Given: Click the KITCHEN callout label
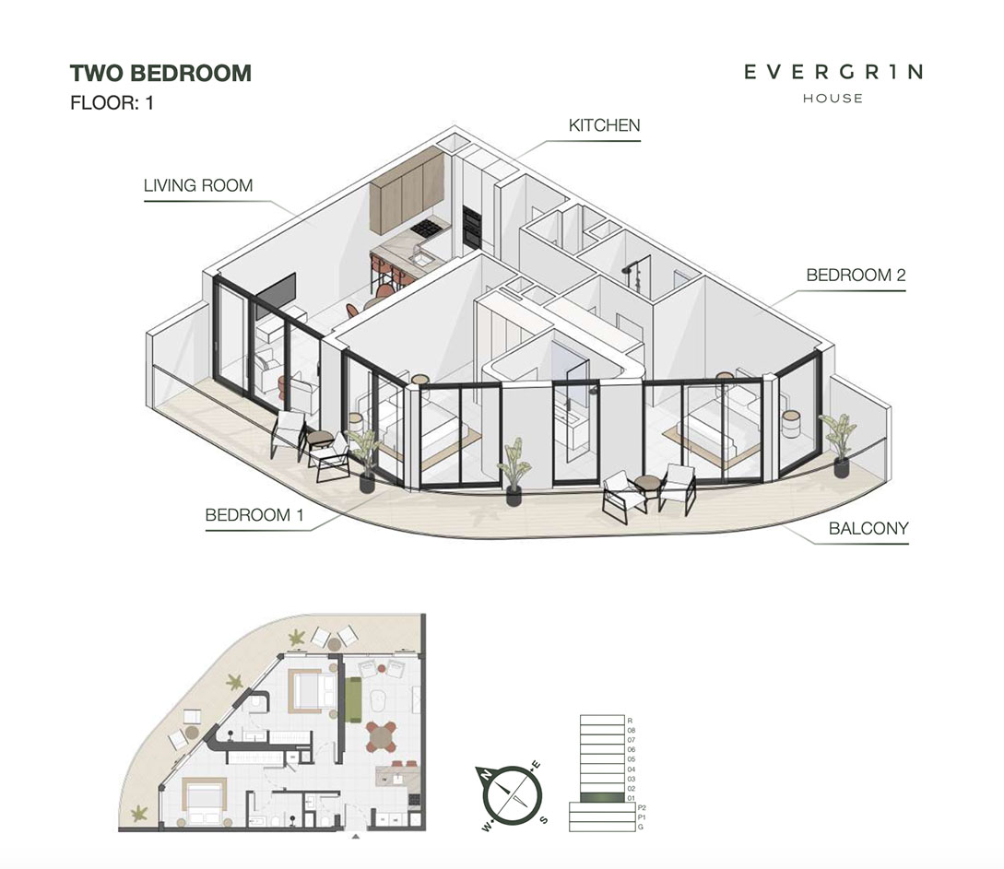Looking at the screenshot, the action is (x=604, y=125).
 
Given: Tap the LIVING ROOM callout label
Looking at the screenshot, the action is (x=198, y=185).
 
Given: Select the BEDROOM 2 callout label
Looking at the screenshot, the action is (x=856, y=276).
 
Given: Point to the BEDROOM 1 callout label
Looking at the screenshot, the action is (x=254, y=515).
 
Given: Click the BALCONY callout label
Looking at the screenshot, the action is (x=868, y=529).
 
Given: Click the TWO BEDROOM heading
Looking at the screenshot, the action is (x=160, y=74).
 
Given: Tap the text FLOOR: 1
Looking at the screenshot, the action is (x=112, y=103).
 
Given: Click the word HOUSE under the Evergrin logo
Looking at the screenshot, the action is (x=833, y=99).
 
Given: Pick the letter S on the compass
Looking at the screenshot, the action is (x=544, y=820).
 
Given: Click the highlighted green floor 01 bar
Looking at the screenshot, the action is (x=602, y=797).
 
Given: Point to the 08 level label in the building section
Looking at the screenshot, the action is (x=632, y=730).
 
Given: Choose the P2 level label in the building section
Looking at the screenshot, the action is (x=642, y=807).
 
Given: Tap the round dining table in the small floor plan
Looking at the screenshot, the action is (x=381, y=736).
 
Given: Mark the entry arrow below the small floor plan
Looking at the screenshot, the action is (x=356, y=836).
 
